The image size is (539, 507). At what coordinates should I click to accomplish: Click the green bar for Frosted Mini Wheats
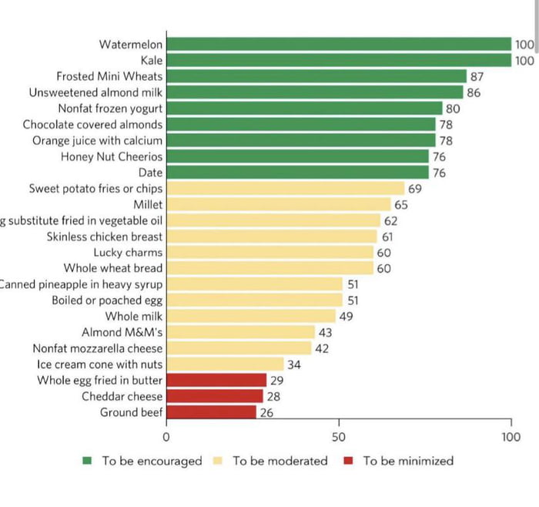316,76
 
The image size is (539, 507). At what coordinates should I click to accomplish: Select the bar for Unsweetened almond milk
314,92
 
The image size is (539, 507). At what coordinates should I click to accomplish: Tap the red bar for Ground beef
211,412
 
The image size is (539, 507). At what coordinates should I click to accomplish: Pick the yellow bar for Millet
279,204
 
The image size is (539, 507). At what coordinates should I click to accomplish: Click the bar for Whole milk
251,316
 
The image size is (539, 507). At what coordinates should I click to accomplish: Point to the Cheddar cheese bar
215,396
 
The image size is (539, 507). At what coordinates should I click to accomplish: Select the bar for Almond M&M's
240,332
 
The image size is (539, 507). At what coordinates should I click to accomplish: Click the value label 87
477,76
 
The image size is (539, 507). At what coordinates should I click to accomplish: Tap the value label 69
414,189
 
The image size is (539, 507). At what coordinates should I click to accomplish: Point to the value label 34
294,364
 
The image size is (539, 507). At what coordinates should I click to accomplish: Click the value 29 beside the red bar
276,381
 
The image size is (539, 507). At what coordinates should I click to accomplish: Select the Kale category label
152,60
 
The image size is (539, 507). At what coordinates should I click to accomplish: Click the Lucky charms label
128,252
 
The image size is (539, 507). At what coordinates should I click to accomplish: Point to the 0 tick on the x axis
166,437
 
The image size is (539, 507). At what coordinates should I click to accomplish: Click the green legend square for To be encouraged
88,461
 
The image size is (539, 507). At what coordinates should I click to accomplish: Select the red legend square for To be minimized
349,461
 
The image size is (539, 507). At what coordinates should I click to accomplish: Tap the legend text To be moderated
280,461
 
